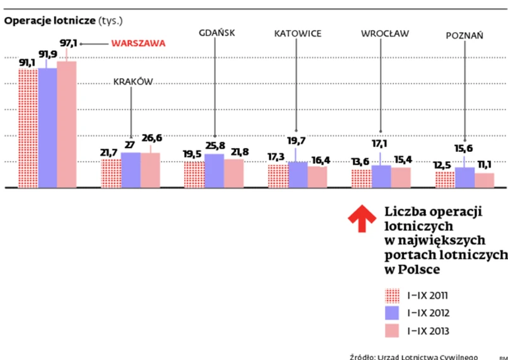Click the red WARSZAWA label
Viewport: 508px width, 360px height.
138,44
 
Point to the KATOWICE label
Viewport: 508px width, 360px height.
298,33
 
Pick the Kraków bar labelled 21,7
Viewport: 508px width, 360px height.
111,173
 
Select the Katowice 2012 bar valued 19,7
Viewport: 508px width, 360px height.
298,175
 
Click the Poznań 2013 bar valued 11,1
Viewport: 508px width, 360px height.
484,180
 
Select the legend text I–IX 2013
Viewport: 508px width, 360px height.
428,330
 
